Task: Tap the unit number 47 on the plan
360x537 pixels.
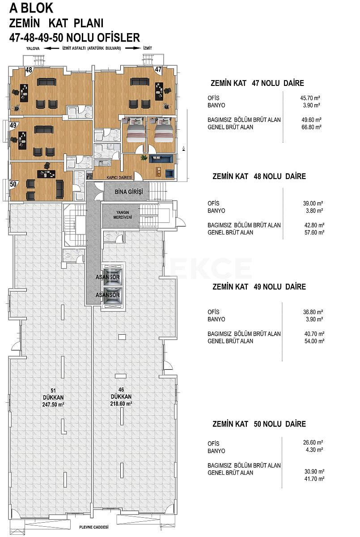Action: tap(158, 69)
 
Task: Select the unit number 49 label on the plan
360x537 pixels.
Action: tap(13, 125)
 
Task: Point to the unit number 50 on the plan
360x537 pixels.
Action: tap(13, 183)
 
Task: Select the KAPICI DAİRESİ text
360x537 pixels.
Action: tap(120, 178)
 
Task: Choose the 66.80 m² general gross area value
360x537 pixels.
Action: tap(312, 127)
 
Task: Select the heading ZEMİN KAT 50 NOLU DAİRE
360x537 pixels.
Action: tap(259, 424)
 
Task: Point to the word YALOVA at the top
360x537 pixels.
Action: tap(33, 48)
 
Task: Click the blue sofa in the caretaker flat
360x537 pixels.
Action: tap(157, 158)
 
